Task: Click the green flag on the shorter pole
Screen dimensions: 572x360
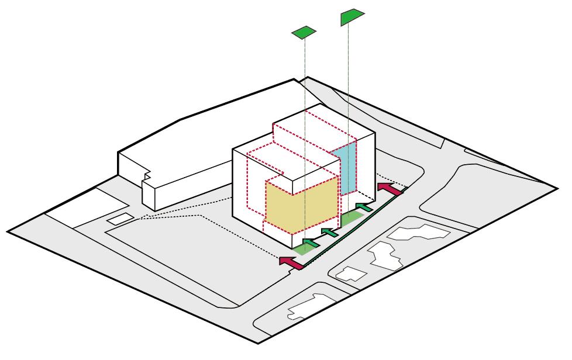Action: [x=304, y=33]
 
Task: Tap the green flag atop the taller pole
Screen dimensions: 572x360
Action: [x=350, y=16]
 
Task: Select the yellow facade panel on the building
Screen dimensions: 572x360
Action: [x=302, y=202]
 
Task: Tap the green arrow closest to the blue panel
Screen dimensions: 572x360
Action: [x=364, y=207]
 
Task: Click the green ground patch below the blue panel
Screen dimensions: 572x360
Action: [x=351, y=219]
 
